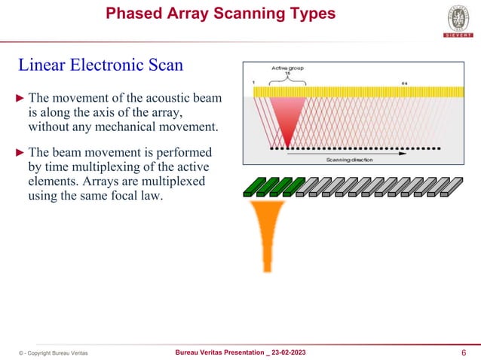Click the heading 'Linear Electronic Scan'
pyautogui.click(x=100, y=65)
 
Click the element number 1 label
pyautogui.click(x=255, y=82)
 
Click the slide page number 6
pyautogui.click(x=461, y=352)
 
